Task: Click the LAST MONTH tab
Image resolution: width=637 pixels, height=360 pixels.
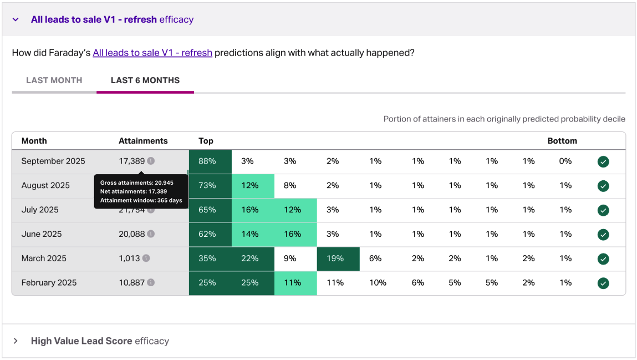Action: [54, 80]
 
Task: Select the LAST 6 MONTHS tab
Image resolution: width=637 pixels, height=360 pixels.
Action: [145, 80]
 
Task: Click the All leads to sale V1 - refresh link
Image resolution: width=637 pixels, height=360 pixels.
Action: [152, 53]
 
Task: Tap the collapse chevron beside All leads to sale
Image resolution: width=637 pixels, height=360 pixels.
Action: [16, 20]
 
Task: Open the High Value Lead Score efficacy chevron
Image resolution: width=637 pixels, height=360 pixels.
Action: [16, 341]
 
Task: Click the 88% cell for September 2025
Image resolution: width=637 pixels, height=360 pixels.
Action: [207, 161]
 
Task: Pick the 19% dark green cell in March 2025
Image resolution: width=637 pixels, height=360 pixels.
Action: [335, 258]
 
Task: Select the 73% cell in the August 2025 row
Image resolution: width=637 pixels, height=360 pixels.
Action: [207, 186]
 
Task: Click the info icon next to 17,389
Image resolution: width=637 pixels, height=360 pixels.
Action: [151, 161]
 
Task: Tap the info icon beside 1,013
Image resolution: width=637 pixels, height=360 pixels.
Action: [146, 258]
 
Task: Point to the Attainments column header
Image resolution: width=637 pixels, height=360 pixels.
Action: [143, 141]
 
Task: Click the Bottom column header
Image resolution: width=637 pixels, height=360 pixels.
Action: [562, 141]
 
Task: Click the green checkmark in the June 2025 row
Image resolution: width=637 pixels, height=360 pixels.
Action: [603, 234]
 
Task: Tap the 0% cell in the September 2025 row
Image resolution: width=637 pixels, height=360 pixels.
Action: [565, 161]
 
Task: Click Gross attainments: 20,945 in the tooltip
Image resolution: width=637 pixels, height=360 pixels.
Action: [136, 182]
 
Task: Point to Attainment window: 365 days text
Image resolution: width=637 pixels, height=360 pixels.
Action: [141, 200]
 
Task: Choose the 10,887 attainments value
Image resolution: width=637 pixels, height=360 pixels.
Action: [131, 283]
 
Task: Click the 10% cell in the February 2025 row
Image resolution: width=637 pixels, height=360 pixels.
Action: [378, 283]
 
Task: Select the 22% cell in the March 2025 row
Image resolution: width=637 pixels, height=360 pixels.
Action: [250, 258]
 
